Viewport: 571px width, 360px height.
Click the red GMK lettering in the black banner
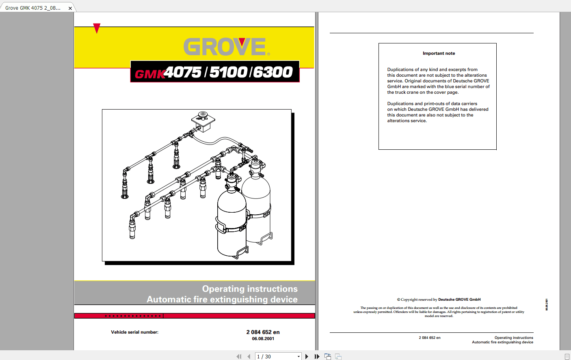click(149, 74)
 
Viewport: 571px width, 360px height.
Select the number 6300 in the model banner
click(273, 72)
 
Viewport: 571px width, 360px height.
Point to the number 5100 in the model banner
click(228, 72)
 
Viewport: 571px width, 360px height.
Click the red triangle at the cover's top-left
click(97, 28)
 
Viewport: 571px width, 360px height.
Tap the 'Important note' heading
click(439, 53)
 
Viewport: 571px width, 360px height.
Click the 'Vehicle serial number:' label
click(134, 332)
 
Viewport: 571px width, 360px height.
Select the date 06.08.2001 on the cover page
click(263, 338)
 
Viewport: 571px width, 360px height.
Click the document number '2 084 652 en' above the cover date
click(263, 332)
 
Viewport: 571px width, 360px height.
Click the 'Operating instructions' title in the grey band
click(250, 289)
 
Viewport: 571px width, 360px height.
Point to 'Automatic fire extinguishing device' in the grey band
click(222, 300)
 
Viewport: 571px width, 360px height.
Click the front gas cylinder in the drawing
click(231, 223)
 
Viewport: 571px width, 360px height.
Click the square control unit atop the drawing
click(203, 121)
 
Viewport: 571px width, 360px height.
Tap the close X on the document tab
click(70, 8)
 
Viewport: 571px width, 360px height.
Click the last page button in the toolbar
click(317, 356)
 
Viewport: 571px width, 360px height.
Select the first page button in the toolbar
click(239, 356)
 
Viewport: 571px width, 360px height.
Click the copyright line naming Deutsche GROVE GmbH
click(439, 300)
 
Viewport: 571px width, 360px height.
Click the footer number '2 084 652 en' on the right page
click(429, 338)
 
